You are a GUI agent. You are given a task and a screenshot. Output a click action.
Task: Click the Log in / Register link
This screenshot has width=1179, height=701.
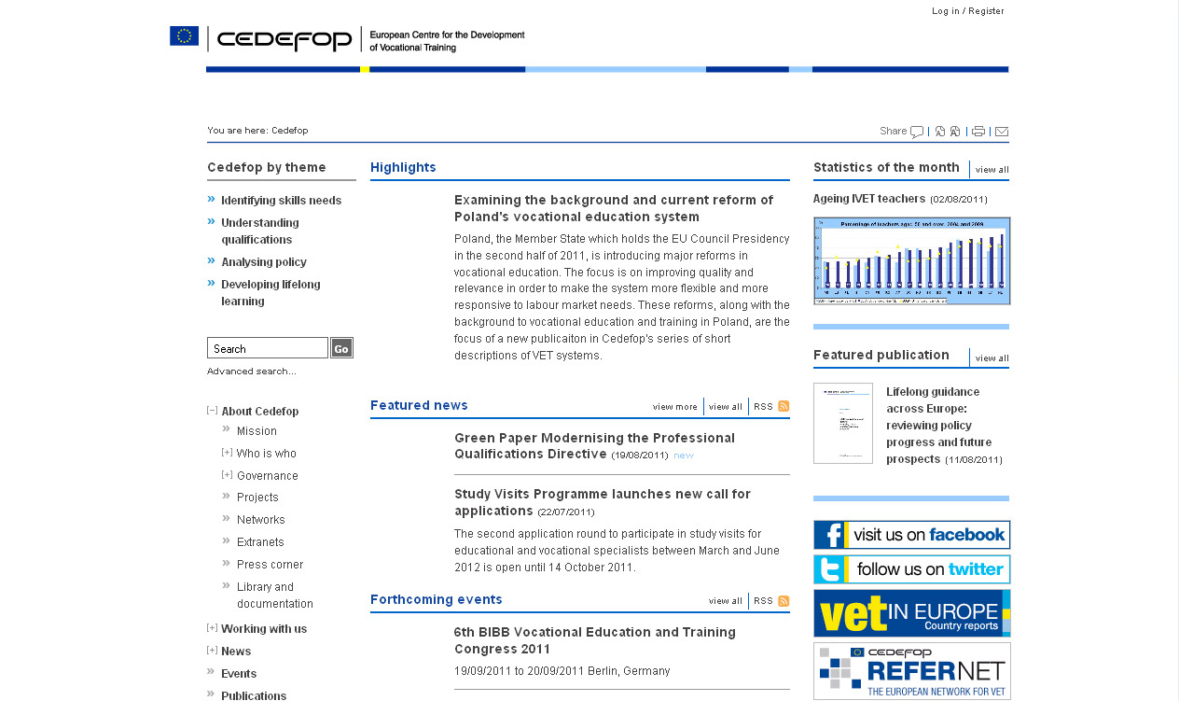(x=967, y=11)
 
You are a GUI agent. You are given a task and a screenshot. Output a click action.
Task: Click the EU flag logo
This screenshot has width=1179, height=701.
(x=184, y=36)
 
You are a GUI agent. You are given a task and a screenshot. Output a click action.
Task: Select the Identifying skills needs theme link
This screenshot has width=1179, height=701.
(x=281, y=201)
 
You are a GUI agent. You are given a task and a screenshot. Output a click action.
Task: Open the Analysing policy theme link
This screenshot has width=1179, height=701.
(x=263, y=262)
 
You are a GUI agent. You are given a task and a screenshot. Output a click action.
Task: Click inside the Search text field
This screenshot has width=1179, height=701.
(x=267, y=348)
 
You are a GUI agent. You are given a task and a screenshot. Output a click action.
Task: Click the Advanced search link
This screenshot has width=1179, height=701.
(x=251, y=372)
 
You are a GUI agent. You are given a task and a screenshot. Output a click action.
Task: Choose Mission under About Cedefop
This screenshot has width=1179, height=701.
(x=257, y=431)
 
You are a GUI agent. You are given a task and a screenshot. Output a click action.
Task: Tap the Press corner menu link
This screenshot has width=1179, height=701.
(x=270, y=565)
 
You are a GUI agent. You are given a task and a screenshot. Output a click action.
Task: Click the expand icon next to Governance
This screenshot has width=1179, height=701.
(x=227, y=475)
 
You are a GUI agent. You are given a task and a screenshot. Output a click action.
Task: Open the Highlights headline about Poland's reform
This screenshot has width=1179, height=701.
(x=613, y=208)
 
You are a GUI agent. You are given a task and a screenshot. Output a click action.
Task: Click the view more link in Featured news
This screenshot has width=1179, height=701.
(x=674, y=407)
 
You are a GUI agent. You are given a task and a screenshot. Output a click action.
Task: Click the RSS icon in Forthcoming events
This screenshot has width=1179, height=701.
(x=784, y=601)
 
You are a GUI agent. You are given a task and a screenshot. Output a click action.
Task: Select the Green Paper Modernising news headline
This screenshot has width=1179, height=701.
(x=594, y=446)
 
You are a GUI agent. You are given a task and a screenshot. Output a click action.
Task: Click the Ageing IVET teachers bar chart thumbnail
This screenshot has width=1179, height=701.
(x=911, y=261)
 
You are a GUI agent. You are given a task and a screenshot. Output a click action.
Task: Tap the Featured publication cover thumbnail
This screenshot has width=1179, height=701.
(x=842, y=423)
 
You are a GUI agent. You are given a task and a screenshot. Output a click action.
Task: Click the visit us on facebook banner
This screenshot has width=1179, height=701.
(x=911, y=535)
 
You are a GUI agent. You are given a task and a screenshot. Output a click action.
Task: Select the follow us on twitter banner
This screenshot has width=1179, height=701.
(x=911, y=569)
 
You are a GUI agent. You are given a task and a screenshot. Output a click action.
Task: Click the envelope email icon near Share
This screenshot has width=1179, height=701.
(x=1002, y=132)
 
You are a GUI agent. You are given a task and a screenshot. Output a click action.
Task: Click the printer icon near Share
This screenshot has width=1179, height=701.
(x=978, y=132)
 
